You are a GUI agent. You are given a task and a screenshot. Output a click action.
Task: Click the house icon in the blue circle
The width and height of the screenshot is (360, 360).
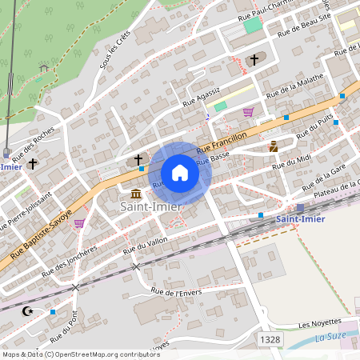coord(180,173)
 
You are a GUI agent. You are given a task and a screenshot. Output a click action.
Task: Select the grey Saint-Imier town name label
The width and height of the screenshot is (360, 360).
coord(150,207)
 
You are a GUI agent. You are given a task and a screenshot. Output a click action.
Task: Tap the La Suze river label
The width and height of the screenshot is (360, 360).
coord(329,337)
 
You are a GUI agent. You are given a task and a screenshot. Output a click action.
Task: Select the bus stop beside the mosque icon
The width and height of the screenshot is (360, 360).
coord(53,311)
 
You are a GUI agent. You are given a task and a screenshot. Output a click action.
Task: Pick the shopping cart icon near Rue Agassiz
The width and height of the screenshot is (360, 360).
coord(248,112)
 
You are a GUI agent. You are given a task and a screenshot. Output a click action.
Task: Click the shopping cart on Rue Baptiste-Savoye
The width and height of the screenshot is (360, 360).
coord(79,223)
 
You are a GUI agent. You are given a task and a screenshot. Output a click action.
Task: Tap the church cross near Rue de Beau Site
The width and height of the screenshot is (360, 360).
coord(254,60)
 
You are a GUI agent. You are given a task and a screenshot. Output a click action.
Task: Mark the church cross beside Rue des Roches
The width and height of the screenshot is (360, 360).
coord(33,163)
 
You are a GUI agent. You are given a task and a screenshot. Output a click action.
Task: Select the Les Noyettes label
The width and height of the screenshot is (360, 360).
coord(319,325)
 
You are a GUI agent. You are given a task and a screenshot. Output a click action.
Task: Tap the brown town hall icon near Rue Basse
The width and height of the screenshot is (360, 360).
coord(273,146)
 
